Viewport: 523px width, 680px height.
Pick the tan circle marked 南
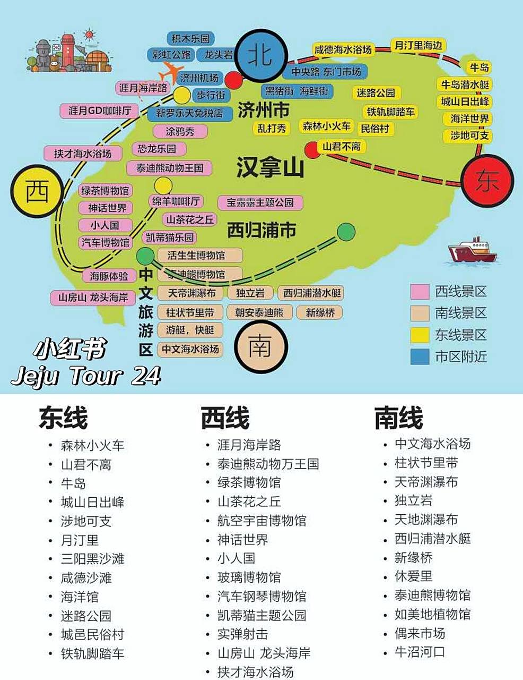[260, 346]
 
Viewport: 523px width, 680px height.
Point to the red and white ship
[473, 250]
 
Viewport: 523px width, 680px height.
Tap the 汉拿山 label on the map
[270, 167]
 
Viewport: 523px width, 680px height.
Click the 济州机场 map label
[199, 78]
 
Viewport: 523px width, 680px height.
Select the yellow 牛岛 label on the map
[479, 67]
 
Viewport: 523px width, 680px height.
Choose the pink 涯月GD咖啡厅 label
[99, 111]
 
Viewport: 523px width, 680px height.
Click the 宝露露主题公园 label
[260, 202]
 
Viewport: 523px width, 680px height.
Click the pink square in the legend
[420, 292]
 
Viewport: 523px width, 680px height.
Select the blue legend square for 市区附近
[420, 356]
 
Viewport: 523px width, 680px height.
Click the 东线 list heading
[63, 418]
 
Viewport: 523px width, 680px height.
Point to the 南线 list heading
[398, 418]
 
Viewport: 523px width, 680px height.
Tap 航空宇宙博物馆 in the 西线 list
[261, 521]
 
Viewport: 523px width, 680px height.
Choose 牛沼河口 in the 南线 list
[420, 652]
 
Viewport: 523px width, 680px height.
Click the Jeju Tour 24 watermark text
[86, 376]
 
